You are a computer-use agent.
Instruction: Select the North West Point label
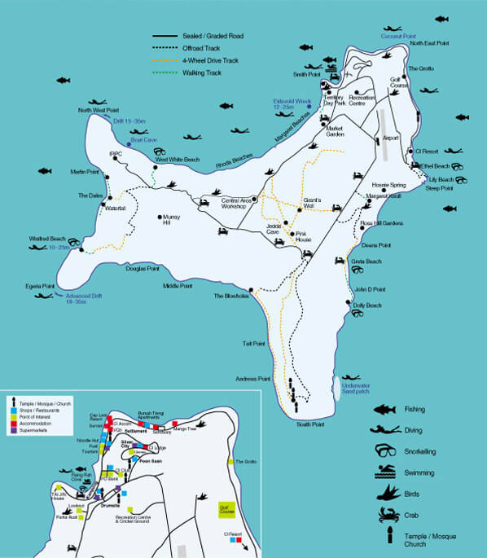point(98,110)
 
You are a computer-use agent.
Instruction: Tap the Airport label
point(391,138)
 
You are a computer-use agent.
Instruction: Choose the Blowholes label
point(230,296)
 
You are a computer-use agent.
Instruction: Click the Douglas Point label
point(142,268)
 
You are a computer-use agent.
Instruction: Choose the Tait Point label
point(253,343)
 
